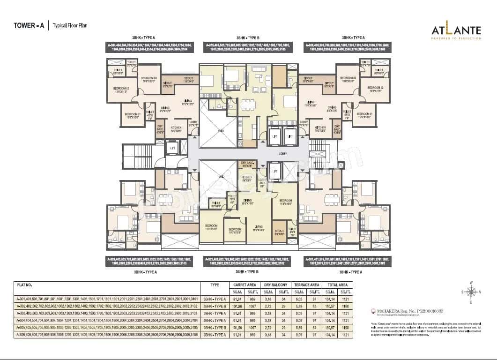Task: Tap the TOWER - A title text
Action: click(29, 26)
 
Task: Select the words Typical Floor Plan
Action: click(70, 26)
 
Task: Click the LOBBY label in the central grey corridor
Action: click(282, 153)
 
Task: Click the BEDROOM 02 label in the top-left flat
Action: click(121, 88)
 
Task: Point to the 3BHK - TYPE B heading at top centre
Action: click(248, 37)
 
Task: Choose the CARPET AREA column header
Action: click(244, 285)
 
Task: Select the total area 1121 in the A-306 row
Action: click(346, 336)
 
